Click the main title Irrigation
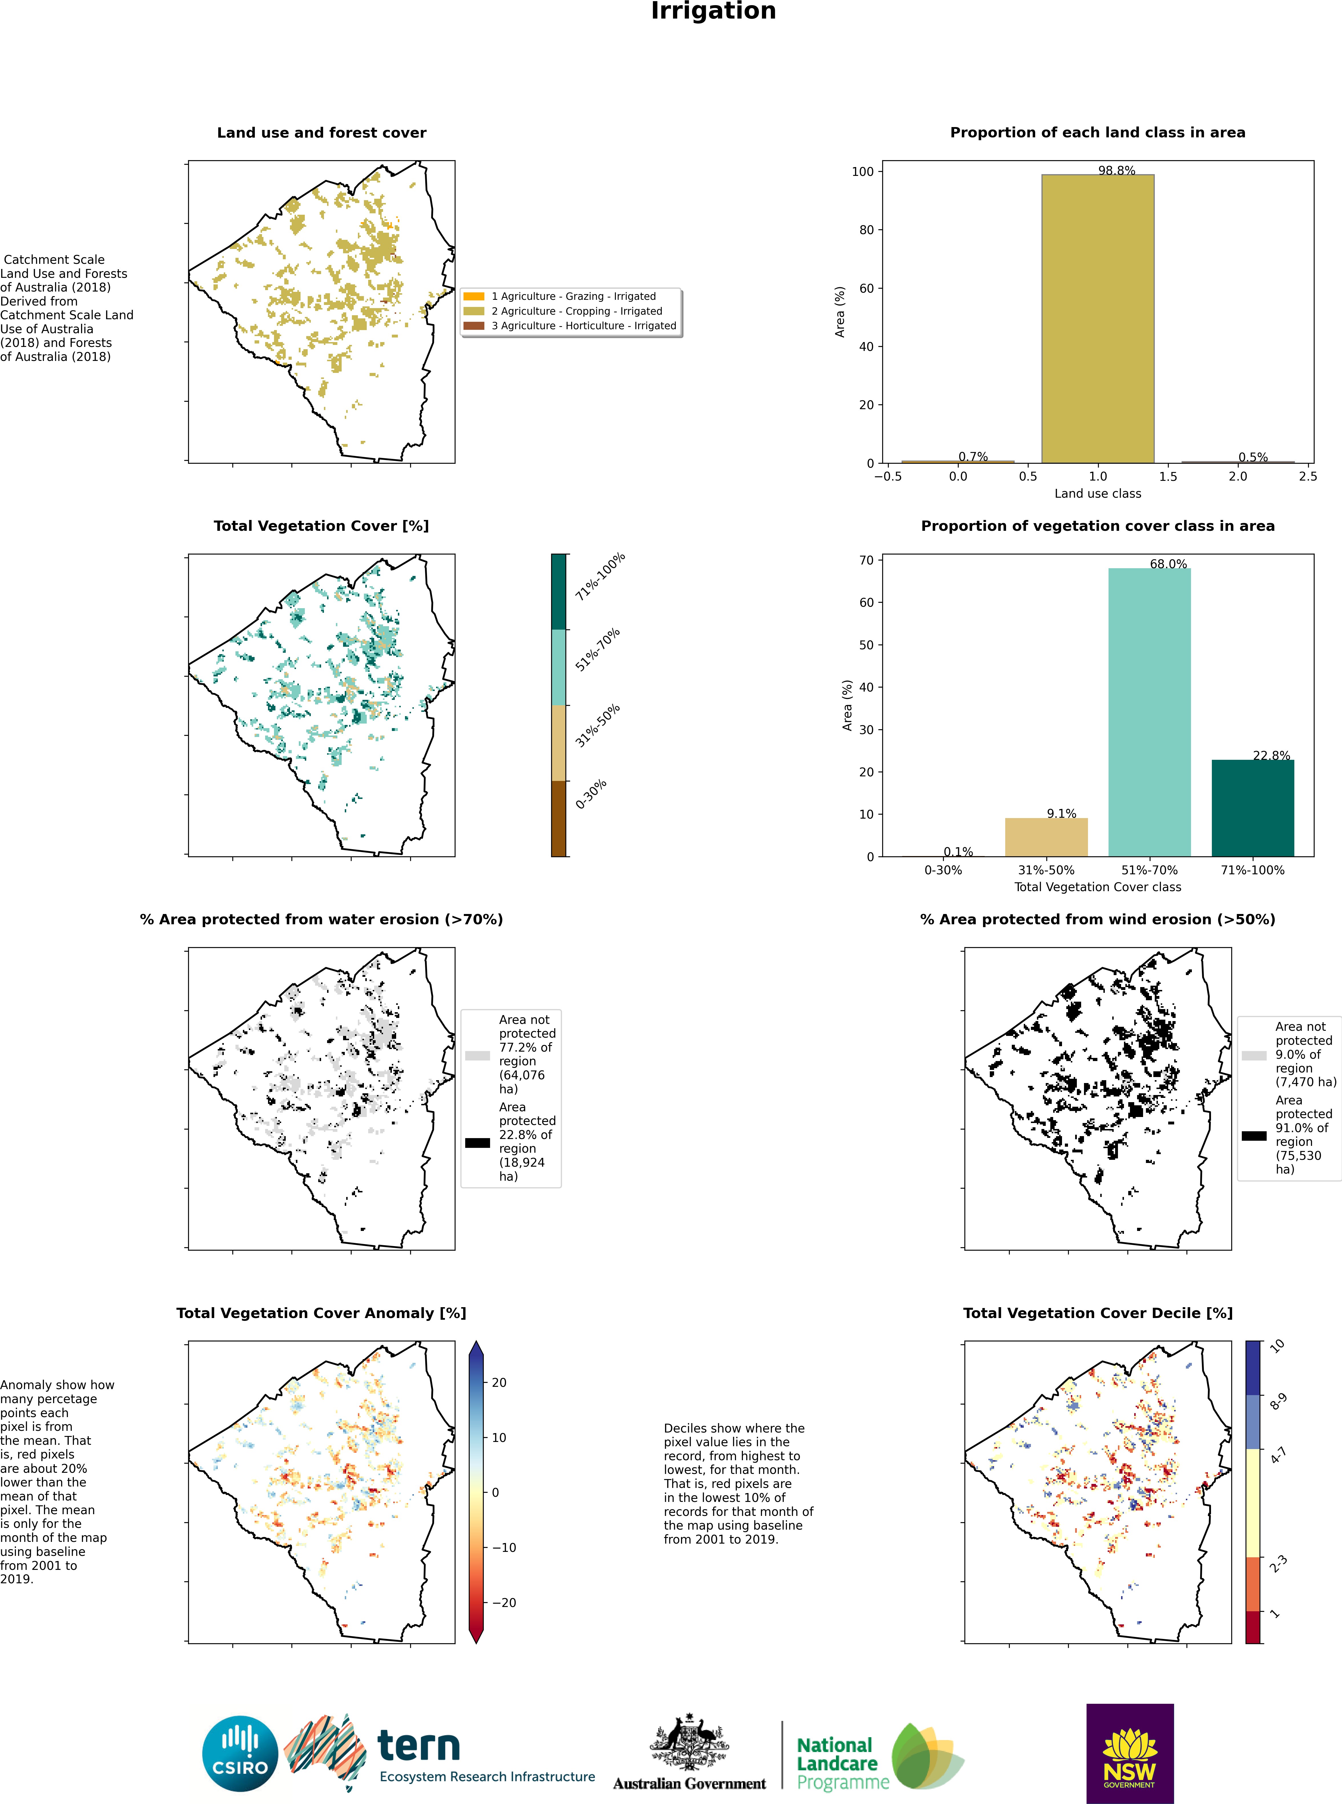[713, 11]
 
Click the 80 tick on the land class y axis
[866, 230]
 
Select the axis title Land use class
[1097, 493]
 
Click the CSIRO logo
[240, 1753]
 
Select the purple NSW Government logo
[1129, 1753]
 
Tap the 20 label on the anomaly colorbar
[499, 1382]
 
